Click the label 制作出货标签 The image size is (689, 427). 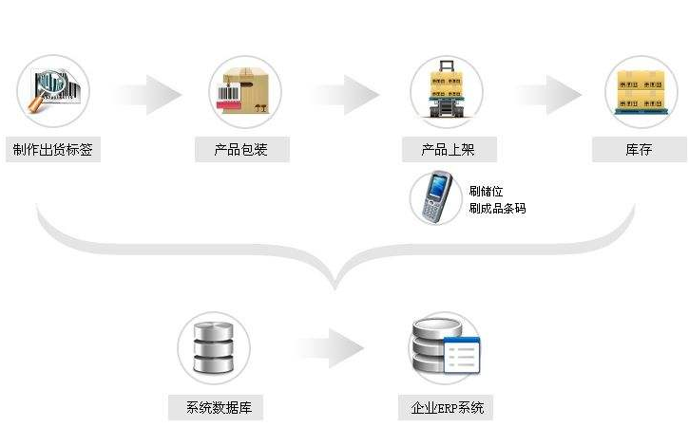click(53, 149)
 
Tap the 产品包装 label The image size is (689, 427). click(241, 149)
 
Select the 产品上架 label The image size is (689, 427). click(447, 149)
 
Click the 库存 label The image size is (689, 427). click(640, 149)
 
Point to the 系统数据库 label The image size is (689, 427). click(214, 409)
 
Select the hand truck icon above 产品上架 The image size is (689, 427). click(447, 90)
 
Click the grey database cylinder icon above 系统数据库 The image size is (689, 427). click(213, 348)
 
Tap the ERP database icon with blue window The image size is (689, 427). click(445, 348)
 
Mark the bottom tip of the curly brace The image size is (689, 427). click(335, 285)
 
